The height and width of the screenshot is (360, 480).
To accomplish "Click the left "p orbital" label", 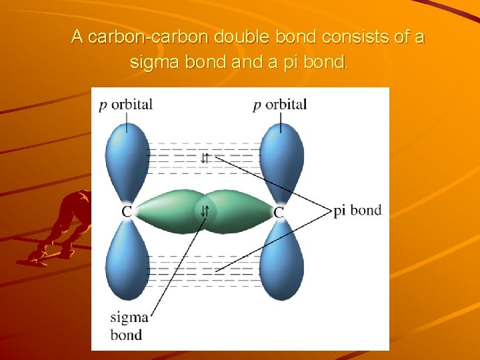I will click(126, 105).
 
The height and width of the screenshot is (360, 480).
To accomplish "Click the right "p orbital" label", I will click(280, 105).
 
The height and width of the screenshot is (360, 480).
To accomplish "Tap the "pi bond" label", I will click(357, 211).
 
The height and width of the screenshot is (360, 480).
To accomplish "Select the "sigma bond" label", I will click(129, 326).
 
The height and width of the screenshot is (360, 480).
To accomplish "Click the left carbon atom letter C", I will click(127, 212).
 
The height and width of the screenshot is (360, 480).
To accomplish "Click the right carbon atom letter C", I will click(279, 212).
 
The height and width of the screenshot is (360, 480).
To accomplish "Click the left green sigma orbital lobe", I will click(167, 212).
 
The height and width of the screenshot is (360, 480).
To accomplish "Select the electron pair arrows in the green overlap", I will click(205, 212).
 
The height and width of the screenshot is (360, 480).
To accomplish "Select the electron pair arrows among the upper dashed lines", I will click(205, 159).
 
